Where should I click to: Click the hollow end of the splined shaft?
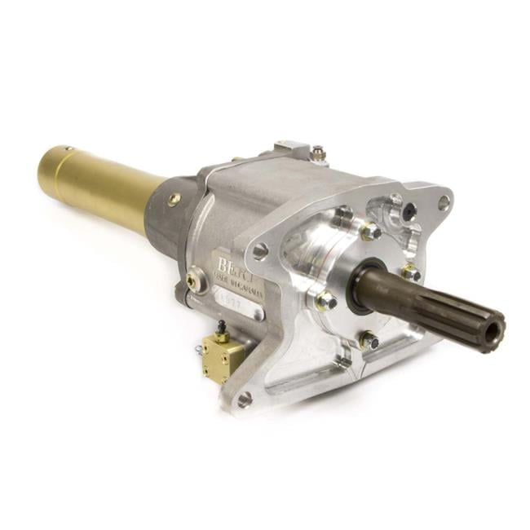(493, 333)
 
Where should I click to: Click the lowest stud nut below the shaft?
(368, 339)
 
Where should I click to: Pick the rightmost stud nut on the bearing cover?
(411, 272)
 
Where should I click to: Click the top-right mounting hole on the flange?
(444, 201)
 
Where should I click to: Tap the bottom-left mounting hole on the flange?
(245, 399)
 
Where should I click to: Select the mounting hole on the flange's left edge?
(260, 250)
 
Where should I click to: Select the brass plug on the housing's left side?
(192, 280)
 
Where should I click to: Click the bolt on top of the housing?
(317, 152)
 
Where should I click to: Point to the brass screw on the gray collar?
(174, 198)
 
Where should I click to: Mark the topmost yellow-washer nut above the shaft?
(370, 232)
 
